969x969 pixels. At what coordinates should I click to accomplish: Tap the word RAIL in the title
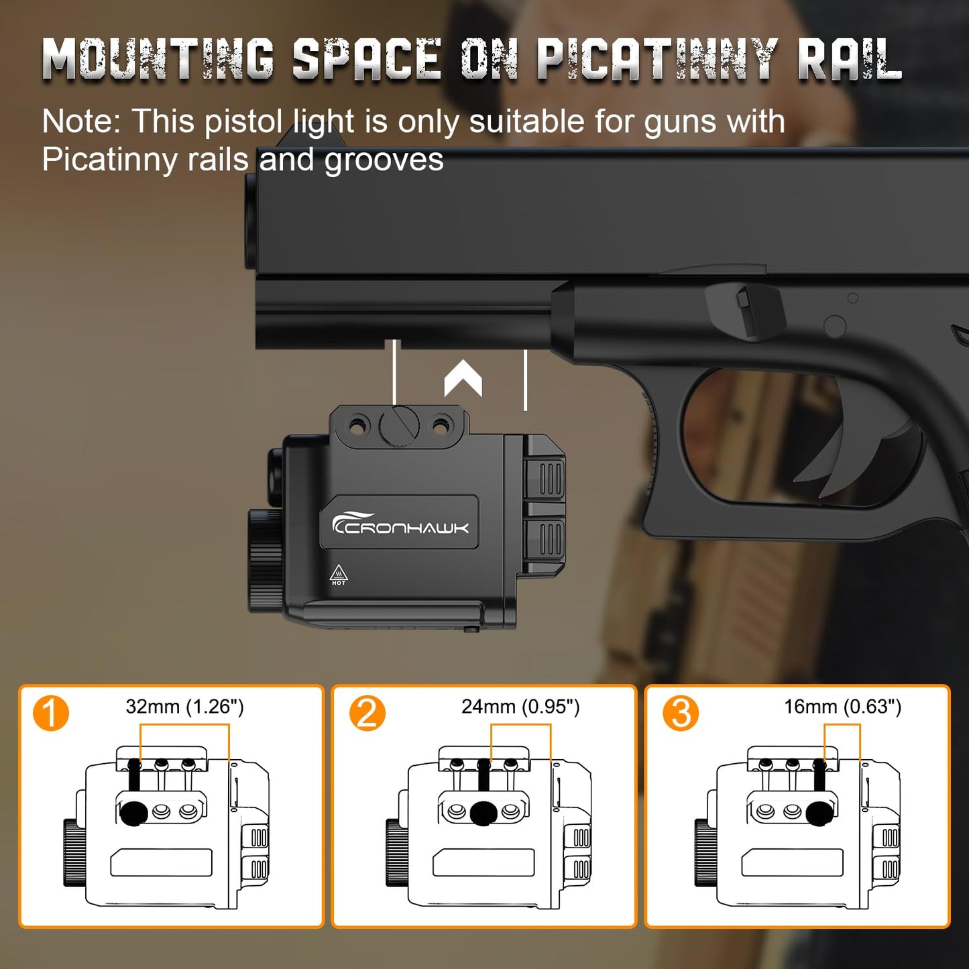(850, 59)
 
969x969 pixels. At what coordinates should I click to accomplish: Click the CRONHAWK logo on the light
(400, 524)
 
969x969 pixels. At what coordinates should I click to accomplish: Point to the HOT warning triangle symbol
(339, 575)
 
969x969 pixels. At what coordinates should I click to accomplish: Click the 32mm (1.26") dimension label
(184, 707)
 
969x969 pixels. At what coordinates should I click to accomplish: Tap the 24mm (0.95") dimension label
(520, 707)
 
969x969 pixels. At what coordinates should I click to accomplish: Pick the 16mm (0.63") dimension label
(843, 707)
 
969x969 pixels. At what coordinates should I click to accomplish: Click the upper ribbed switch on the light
(544, 479)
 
